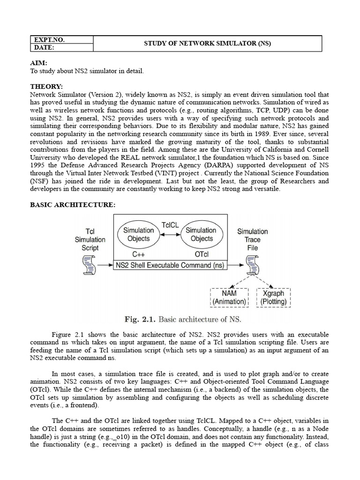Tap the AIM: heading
click(x=39, y=63)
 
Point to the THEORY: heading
click(x=46, y=87)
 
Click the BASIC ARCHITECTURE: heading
click(x=72, y=205)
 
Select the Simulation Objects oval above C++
click(x=138, y=234)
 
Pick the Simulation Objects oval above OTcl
click(x=201, y=234)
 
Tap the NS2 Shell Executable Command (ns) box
click(x=170, y=265)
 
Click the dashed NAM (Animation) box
click(x=229, y=297)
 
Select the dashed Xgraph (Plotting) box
click(x=274, y=297)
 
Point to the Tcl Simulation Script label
click(x=90, y=240)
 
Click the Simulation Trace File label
click(x=252, y=240)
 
